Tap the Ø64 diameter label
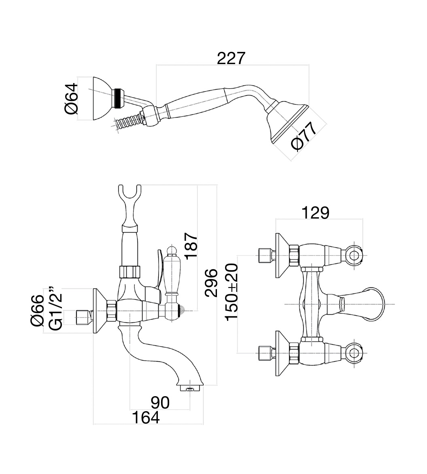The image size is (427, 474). (70, 99)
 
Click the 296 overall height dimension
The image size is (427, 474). (212, 283)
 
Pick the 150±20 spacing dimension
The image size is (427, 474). (232, 292)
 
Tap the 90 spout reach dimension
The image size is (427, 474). (160, 403)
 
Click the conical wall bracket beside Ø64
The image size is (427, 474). (101, 99)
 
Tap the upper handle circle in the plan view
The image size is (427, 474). (355, 256)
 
